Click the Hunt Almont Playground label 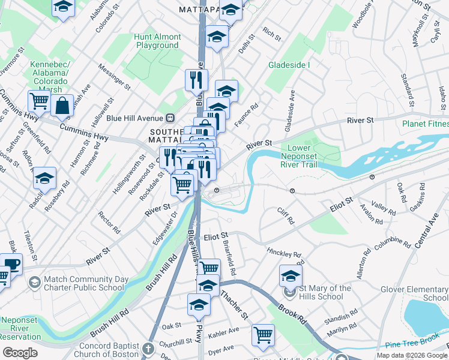(x=158, y=41)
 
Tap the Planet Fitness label (x=426, y=124)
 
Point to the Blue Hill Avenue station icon (x=170, y=118)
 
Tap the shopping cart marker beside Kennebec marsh (x=39, y=101)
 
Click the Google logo (x=20, y=353)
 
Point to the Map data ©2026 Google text (x=412, y=355)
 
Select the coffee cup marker (x=10, y=263)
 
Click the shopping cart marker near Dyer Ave (x=262, y=334)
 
